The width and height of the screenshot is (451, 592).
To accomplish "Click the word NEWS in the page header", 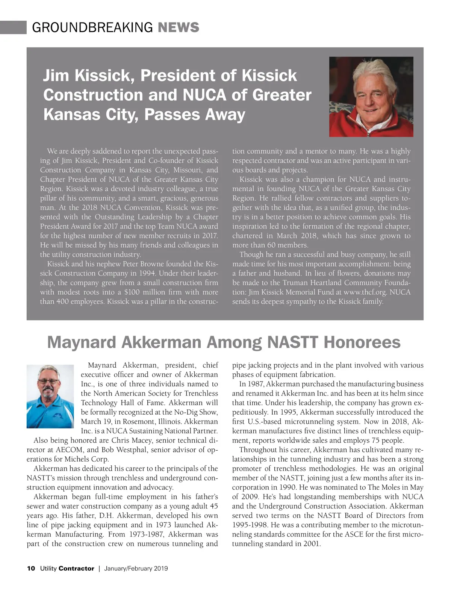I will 179,27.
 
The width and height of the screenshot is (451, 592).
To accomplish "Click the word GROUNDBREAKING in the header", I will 92,27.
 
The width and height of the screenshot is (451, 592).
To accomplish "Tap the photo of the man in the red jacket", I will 371,97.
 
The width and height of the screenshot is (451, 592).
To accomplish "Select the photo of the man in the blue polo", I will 50,396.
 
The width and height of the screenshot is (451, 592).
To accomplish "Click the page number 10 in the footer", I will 31,568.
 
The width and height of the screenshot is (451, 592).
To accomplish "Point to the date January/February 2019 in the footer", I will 136,568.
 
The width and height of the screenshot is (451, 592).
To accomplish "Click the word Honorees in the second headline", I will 362,342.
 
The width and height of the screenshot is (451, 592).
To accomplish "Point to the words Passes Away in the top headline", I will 195,114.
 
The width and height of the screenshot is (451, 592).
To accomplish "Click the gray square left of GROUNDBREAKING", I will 13,27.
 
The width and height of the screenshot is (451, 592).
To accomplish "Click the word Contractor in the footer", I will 76,568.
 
